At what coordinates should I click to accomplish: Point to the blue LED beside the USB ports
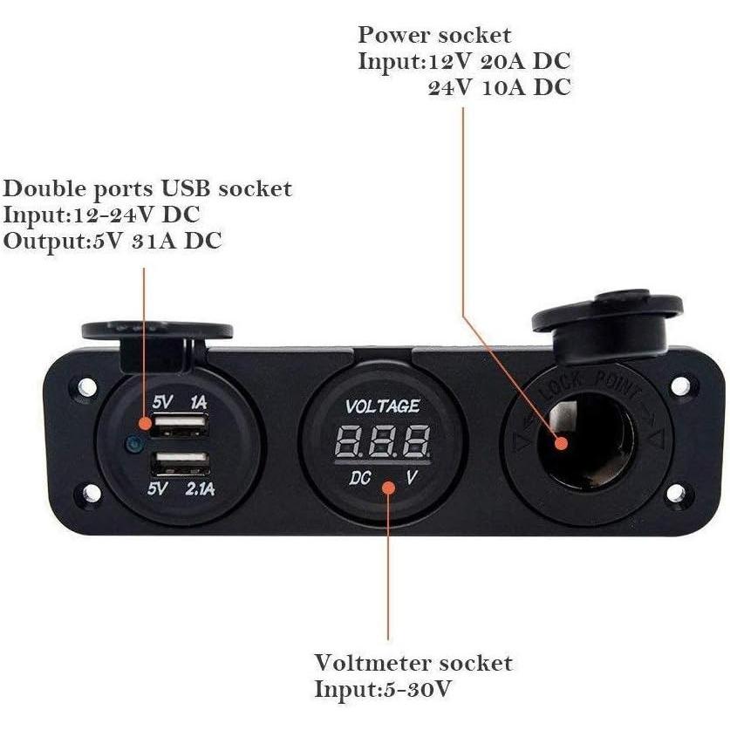[x=133, y=445]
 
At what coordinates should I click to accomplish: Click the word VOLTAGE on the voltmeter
[x=383, y=406]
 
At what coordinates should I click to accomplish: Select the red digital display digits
[x=383, y=443]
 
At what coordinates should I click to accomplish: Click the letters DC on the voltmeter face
[x=360, y=478]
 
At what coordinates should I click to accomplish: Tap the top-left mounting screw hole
[x=87, y=385]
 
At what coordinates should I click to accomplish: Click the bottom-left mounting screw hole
[x=91, y=494]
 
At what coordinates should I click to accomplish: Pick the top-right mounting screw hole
[x=680, y=385]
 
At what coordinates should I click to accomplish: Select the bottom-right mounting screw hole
[x=676, y=494]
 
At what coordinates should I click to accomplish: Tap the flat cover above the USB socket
[x=157, y=331]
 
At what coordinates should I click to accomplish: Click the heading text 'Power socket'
[x=434, y=36]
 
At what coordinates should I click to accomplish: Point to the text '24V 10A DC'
[x=500, y=88]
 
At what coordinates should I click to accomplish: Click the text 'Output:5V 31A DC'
[x=113, y=241]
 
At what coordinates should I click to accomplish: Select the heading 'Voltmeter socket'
[x=413, y=663]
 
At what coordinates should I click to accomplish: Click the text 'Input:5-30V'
[x=383, y=689]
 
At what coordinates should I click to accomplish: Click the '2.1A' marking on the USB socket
[x=199, y=488]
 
